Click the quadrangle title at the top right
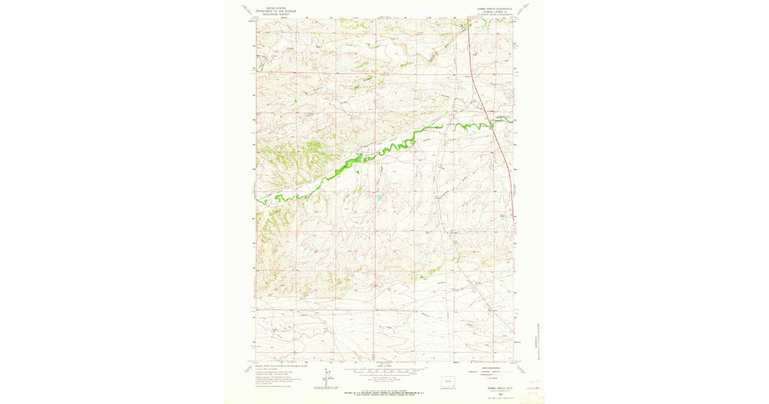492,8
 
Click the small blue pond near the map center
379,199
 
